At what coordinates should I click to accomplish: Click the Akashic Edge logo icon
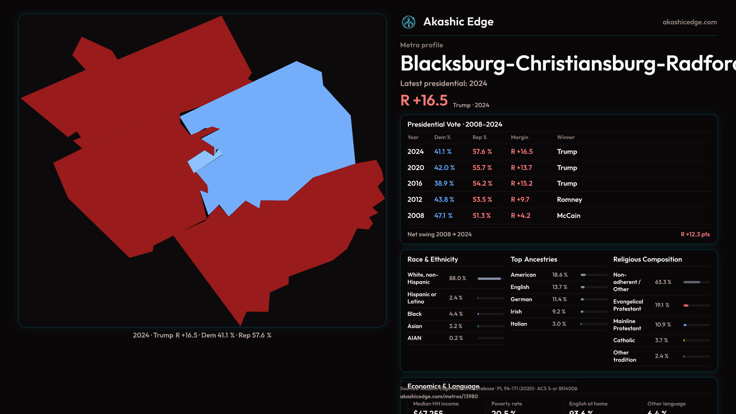coord(409,22)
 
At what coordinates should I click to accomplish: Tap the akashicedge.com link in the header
coord(690,22)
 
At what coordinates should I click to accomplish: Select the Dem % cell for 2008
coord(443,216)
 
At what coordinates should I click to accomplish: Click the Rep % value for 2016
coord(482,184)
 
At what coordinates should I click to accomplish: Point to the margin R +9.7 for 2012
coord(520,200)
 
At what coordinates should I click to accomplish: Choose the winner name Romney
coord(569,200)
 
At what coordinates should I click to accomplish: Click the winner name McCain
coord(568,216)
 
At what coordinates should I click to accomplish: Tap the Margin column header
coord(519,137)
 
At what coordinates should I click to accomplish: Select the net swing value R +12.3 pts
coord(695,234)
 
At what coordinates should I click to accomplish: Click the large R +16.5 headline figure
coord(424,100)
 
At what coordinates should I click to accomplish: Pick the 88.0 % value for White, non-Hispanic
coord(457,278)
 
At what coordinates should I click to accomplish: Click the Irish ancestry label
coord(516,312)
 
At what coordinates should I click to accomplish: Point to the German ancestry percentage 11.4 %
coord(559,299)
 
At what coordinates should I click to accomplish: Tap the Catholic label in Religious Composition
coord(624,340)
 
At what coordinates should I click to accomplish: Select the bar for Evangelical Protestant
coord(697,306)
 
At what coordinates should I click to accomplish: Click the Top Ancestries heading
coord(534,260)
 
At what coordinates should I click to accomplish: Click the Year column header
coord(413,137)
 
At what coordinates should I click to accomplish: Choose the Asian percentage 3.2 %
coord(455,326)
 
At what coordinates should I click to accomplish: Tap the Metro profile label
coord(421,45)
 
